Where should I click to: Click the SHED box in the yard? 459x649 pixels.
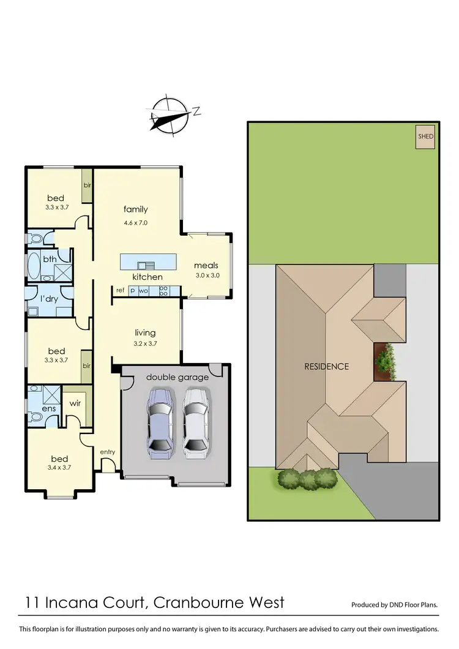[x=425, y=137]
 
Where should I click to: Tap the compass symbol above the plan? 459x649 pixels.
[x=170, y=115]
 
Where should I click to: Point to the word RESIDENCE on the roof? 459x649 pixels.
[x=327, y=367]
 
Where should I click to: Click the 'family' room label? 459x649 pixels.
[x=135, y=209]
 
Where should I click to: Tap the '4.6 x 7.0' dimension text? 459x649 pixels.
[x=136, y=223]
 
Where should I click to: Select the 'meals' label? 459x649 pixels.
[x=206, y=265]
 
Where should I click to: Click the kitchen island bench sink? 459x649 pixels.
[x=146, y=264]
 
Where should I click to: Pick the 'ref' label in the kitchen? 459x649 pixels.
[x=120, y=291]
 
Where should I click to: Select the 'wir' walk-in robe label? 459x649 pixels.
[x=75, y=403]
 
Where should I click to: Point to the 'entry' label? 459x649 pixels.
[x=108, y=452]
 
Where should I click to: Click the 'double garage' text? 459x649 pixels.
[x=177, y=377]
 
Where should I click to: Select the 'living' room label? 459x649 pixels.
[x=146, y=332]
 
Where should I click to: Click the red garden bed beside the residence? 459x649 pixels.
[x=386, y=361]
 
